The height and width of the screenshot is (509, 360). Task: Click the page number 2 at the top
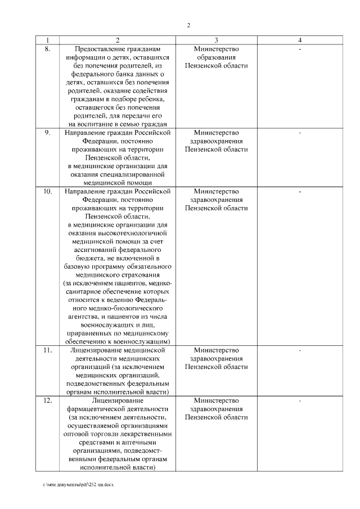[188, 25]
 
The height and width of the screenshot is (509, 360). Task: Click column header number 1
[48, 40]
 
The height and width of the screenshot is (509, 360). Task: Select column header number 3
[216, 40]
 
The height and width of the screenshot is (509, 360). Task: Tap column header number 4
[300, 40]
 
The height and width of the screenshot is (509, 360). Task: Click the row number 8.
[48, 49]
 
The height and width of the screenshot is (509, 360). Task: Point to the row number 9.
[48, 133]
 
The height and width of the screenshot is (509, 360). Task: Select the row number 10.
[48, 191]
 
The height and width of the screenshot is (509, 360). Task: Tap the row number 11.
[48, 350]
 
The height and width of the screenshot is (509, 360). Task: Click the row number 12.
[48, 400]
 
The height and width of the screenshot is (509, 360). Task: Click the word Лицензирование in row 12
[118, 400]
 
